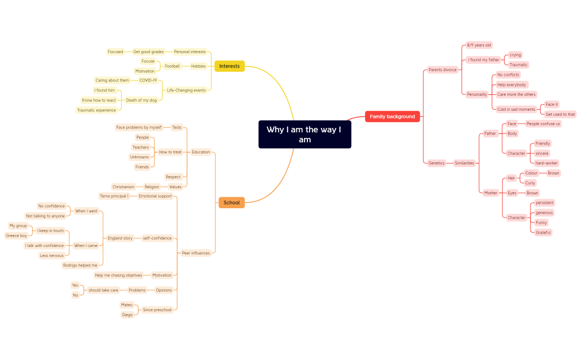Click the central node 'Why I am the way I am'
tap(305, 135)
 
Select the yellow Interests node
tap(229, 66)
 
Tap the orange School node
tap(232, 203)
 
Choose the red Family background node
tap(392, 116)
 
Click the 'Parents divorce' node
tap(443, 70)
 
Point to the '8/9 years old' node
tap(479, 45)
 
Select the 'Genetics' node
tap(436, 163)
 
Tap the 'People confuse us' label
tap(543, 124)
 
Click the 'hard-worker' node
tap(547, 163)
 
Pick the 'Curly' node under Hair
tap(530, 183)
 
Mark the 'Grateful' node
tap(543, 233)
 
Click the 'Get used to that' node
tap(560, 114)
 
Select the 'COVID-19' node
tap(148, 80)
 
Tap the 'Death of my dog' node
tap(141, 100)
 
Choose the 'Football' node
tap(172, 66)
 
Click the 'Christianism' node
tap(123, 187)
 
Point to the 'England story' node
tap(120, 238)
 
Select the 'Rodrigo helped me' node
tap(80, 265)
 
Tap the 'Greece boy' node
tap(16, 235)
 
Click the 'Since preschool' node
tap(157, 310)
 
